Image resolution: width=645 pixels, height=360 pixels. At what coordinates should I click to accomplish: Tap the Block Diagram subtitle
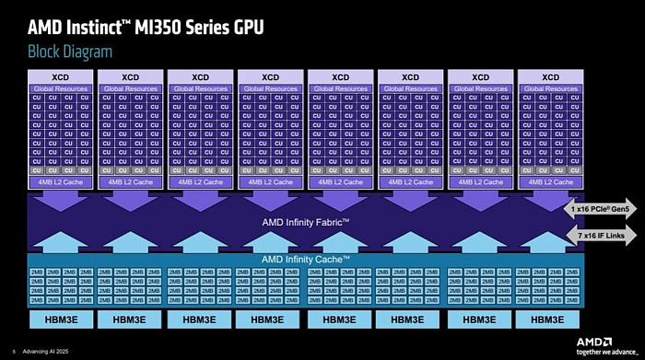click(70, 52)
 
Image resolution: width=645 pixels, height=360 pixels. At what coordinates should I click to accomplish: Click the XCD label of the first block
click(60, 76)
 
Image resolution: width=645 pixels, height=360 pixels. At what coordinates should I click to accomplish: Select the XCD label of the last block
click(550, 76)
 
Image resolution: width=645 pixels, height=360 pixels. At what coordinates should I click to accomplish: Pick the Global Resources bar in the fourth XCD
click(270, 88)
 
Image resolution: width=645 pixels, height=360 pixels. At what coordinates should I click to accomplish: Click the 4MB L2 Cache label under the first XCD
click(60, 181)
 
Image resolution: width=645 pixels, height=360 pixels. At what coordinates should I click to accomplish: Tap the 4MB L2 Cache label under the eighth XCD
click(550, 181)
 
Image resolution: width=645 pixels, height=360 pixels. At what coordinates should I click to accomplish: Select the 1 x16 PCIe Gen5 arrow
click(600, 208)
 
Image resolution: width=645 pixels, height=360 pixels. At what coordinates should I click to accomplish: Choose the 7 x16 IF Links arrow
click(600, 237)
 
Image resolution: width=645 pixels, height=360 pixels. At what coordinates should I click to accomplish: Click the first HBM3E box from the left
click(60, 319)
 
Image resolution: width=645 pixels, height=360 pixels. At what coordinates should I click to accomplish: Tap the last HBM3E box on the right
click(550, 319)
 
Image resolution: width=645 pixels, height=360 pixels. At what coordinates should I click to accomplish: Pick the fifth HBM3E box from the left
click(340, 319)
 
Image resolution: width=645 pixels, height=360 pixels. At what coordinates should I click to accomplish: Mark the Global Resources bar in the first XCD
click(60, 88)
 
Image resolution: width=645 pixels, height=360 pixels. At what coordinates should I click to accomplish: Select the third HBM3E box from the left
click(200, 319)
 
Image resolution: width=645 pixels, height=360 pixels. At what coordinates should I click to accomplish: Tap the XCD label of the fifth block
click(340, 76)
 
